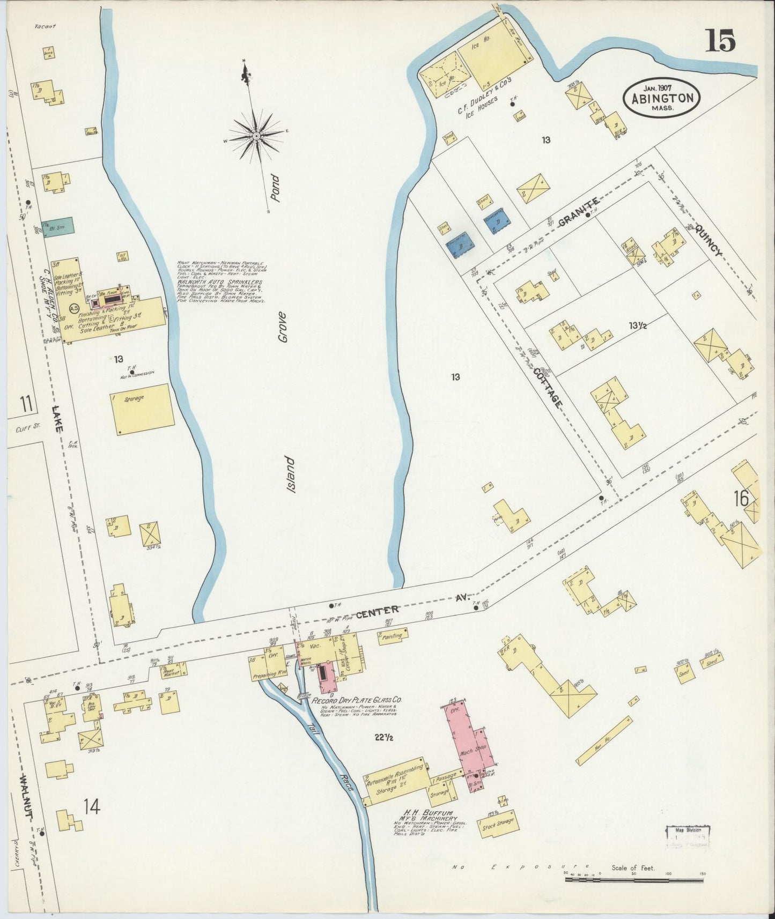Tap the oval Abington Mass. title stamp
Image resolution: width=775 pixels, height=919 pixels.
click(661, 98)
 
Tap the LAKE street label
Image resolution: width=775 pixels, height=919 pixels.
click(57, 419)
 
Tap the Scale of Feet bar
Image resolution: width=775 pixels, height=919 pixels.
click(634, 879)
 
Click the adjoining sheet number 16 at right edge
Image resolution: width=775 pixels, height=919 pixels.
click(742, 499)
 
